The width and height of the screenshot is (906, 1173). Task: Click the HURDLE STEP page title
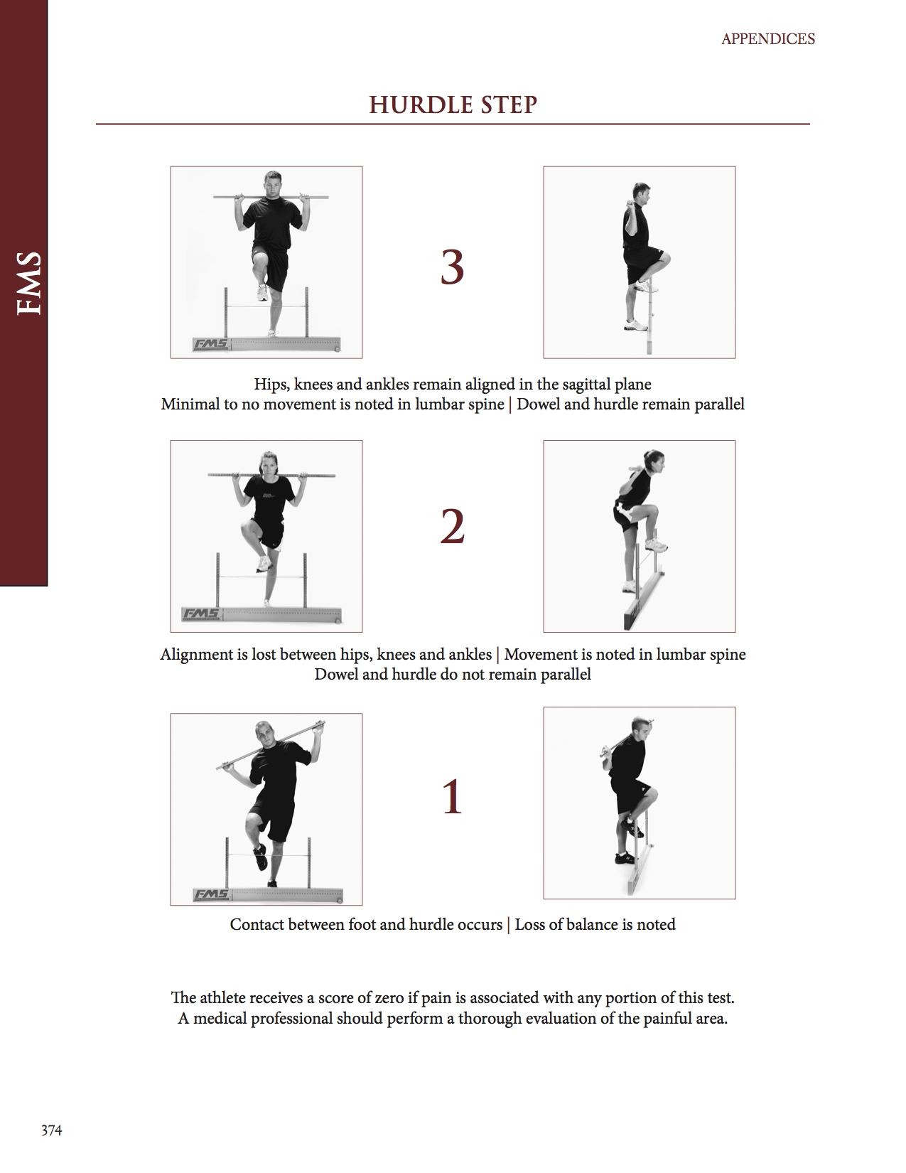coord(453,105)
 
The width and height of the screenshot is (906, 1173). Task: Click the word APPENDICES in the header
coord(767,39)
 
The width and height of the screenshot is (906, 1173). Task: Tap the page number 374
coord(51,1130)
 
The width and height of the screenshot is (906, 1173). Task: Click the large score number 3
coord(452,268)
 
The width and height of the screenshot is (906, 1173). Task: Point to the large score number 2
coord(452,527)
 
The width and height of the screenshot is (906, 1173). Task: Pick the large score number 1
coord(452,797)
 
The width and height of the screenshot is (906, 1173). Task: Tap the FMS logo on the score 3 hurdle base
coord(210,345)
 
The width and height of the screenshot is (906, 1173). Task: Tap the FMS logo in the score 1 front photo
coord(210,894)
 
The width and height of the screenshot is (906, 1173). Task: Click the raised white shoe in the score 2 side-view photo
coord(656,545)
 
